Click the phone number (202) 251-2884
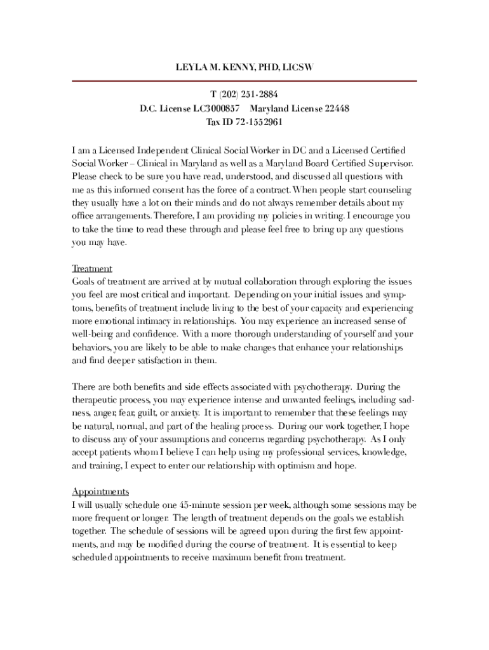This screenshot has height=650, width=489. click(250, 95)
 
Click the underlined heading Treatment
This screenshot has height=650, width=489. click(92, 269)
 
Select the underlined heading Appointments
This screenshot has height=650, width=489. click(100, 492)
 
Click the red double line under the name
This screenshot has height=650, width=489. click(245, 81)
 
